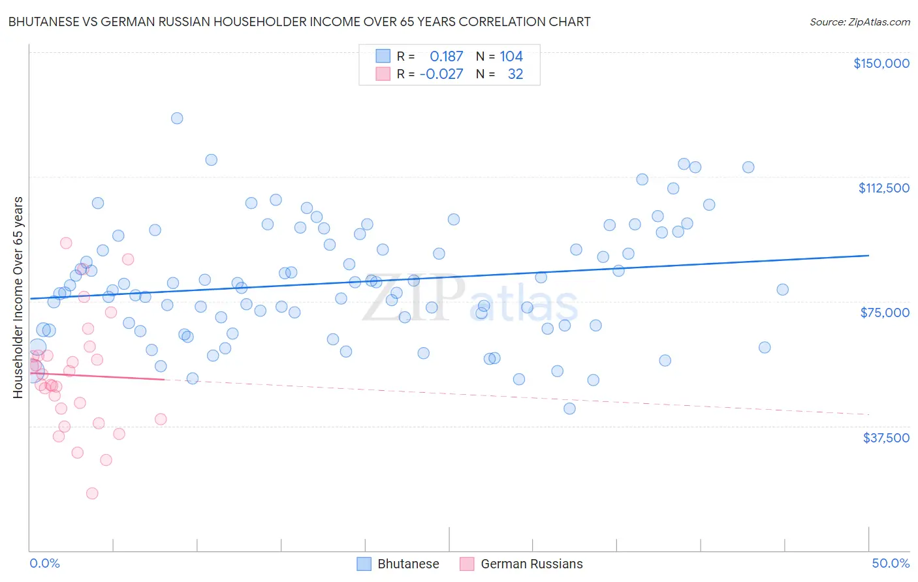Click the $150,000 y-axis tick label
(x=881, y=63)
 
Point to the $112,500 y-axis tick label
(x=883, y=188)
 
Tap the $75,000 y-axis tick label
(x=885, y=313)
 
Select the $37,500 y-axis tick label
(x=886, y=438)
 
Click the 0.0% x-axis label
(x=44, y=564)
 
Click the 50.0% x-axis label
(x=891, y=564)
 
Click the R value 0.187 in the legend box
(x=446, y=57)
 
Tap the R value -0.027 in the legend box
(x=441, y=74)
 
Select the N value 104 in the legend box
(x=511, y=57)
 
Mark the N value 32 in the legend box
(x=515, y=74)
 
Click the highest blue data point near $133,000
(x=177, y=118)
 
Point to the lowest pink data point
(x=92, y=493)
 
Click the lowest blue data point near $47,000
(x=569, y=408)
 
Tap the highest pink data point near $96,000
(x=66, y=243)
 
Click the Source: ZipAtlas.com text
(x=859, y=22)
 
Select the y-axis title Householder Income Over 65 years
(x=18, y=297)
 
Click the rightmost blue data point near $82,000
(x=782, y=290)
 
